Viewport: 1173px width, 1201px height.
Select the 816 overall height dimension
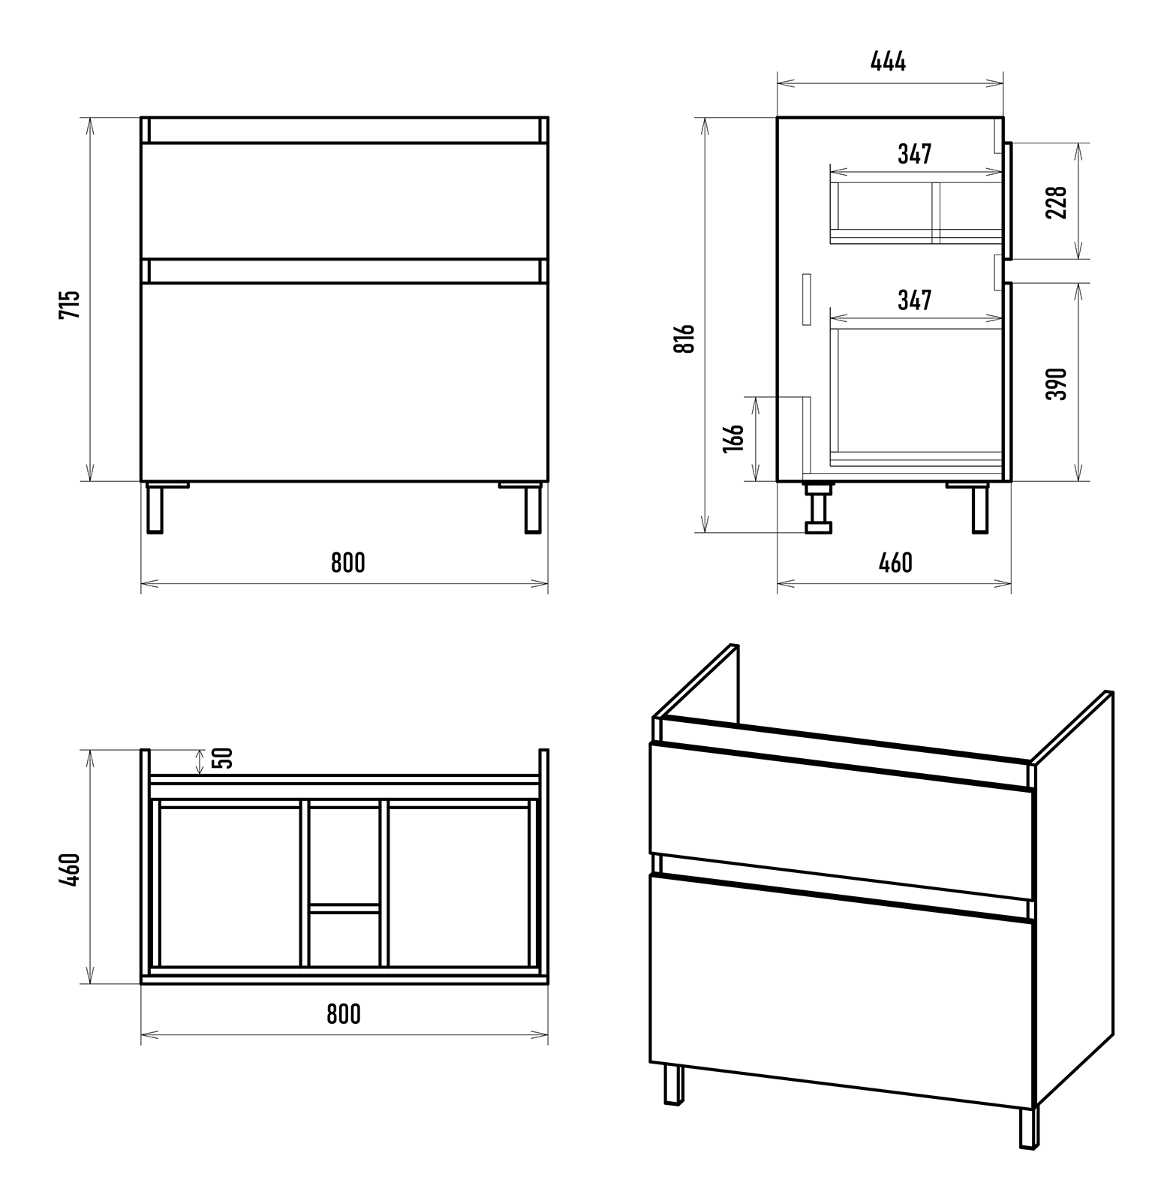[x=685, y=339]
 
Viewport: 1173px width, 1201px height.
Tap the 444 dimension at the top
[x=889, y=62]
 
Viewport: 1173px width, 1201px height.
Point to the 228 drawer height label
[x=1056, y=202]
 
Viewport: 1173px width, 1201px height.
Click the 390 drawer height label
[x=1056, y=384]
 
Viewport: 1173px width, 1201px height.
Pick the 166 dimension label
[x=733, y=438]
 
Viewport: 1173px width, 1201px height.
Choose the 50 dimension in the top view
[x=224, y=757]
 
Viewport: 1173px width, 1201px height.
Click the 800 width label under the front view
[x=348, y=562]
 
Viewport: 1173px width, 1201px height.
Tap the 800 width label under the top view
[x=344, y=1013]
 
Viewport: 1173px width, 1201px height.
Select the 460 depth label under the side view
[x=895, y=562]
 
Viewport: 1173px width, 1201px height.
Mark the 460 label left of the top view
[x=69, y=869]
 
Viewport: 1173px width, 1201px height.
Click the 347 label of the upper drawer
[x=915, y=154]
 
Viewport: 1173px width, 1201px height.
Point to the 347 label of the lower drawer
[x=915, y=300]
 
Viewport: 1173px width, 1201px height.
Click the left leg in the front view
[x=155, y=508]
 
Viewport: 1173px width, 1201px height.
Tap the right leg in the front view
[x=533, y=508]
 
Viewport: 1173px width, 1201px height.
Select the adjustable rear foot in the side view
[x=818, y=508]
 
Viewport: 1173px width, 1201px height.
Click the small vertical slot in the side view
[x=807, y=299]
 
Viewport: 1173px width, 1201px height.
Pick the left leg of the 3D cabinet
[x=674, y=1084]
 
